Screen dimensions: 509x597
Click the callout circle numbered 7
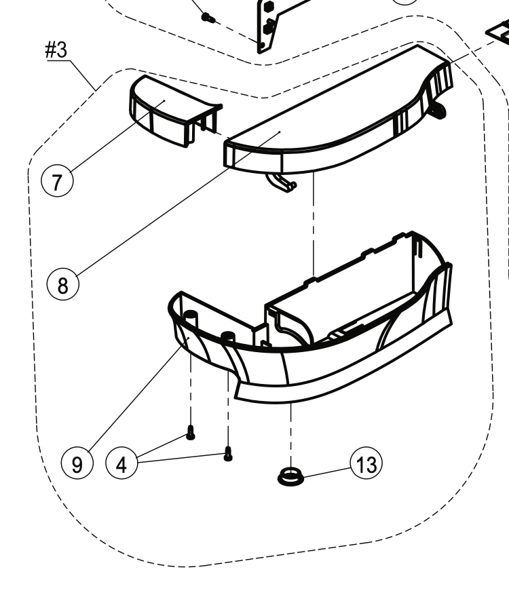57,181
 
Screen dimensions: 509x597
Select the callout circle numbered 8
63,284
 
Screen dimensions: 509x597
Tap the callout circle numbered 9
77,463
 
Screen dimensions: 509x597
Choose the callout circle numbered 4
121,463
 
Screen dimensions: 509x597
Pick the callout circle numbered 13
366,463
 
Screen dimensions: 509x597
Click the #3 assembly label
56,50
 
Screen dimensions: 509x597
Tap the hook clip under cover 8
281,182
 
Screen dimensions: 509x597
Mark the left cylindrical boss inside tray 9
191,317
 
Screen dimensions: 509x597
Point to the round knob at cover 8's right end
436,110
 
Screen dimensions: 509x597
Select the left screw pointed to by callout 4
191,433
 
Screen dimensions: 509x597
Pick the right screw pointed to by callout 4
228,453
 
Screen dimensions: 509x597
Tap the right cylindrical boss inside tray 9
228,337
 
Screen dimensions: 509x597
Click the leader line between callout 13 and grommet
327,472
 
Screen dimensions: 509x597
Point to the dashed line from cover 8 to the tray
314,225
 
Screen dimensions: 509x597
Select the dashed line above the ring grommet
291,435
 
